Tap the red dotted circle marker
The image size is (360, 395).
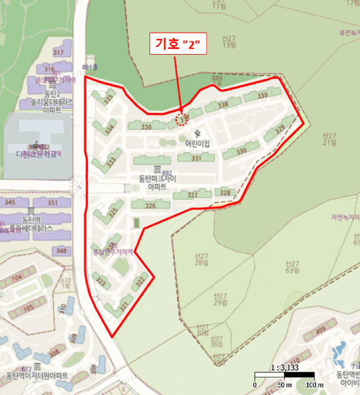point(181,119)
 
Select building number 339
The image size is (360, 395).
point(262,96)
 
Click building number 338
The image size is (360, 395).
point(223,104)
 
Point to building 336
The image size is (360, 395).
point(147,127)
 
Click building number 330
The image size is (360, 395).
point(242,151)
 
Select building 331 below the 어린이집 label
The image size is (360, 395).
point(196,159)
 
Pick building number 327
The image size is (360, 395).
point(192,195)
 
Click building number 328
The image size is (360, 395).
point(225,193)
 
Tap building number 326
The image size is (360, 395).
point(150,206)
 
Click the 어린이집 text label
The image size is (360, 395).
point(197,144)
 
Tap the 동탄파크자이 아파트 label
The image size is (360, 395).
point(157,182)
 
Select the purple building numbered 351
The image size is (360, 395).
point(52,203)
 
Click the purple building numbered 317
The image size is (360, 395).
point(58,52)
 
